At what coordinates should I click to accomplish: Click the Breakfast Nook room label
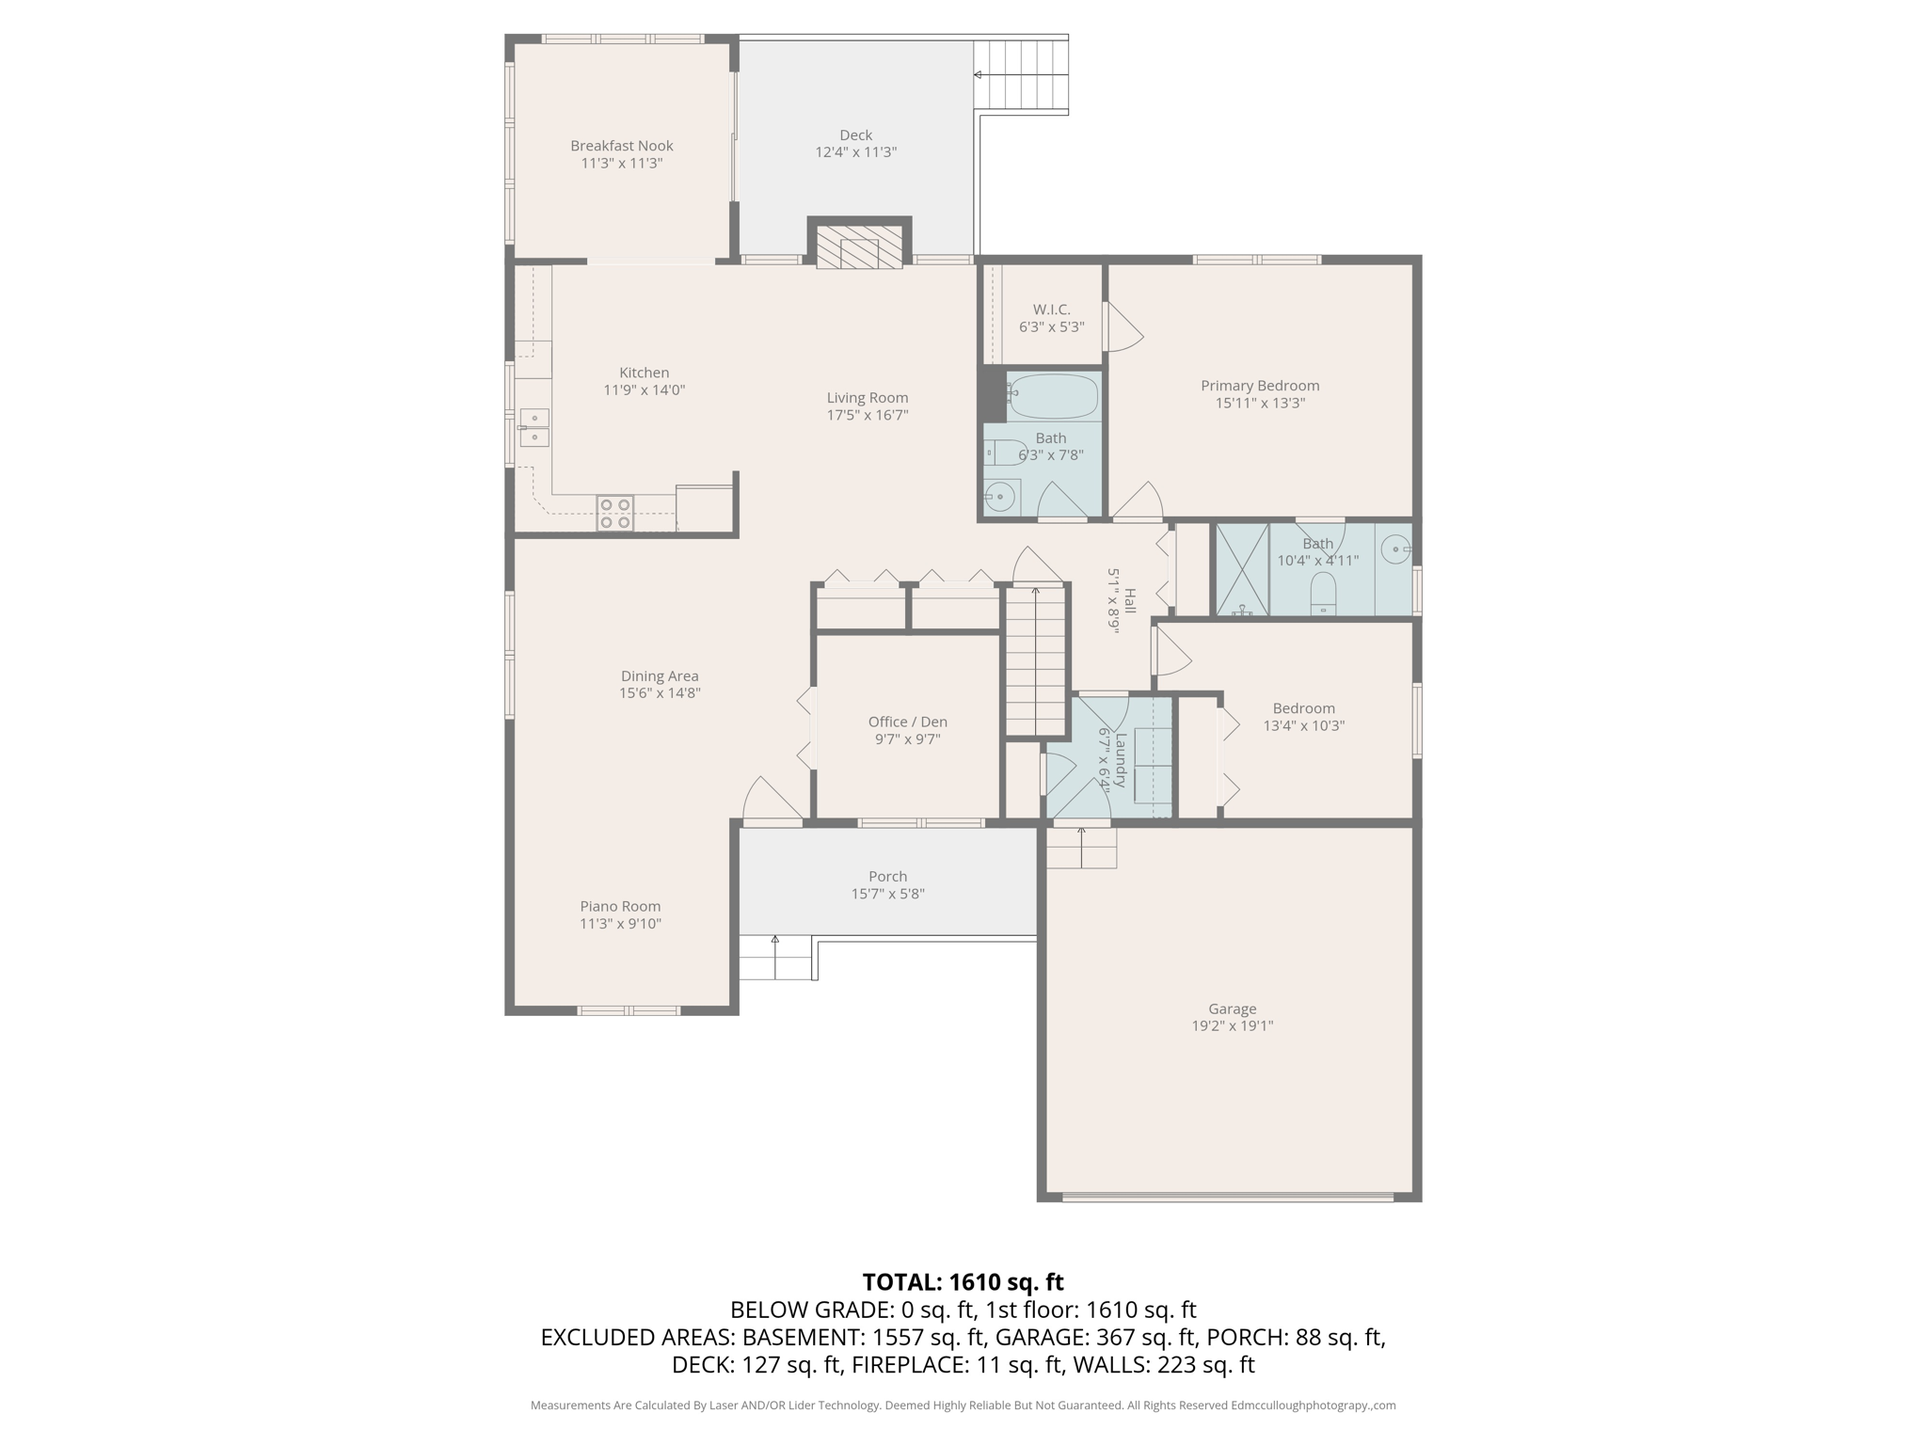coord(621,146)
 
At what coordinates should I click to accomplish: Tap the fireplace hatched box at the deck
coord(858,246)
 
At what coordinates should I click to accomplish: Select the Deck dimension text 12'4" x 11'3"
coord(855,152)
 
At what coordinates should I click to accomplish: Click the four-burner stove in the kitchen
coord(614,513)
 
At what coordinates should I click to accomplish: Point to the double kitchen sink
coord(534,427)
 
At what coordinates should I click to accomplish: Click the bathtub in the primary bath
coord(1052,396)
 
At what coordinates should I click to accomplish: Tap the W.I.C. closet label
coord(1051,310)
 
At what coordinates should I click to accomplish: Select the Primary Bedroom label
coord(1260,386)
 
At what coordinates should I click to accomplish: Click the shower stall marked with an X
coord(1242,569)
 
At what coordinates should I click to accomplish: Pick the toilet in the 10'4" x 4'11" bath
coord(1323,593)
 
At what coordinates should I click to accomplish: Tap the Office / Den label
coord(907,722)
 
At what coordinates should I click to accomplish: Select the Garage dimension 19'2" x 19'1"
coord(1232,1026)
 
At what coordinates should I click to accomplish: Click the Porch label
coord(887,876)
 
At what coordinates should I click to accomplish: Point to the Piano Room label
coord(620,906)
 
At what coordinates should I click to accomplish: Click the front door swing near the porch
coord(772,802)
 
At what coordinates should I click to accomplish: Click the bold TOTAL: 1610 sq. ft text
coord(963,1282)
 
